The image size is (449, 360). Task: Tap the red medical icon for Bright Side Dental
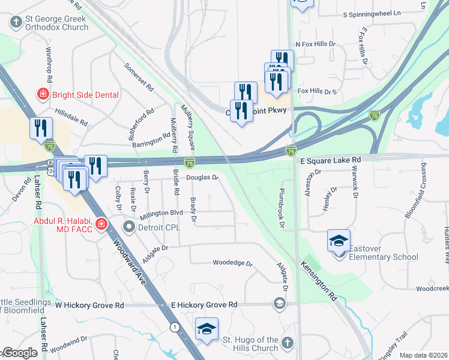click(43, 94)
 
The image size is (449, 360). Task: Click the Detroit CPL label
click(160, 227)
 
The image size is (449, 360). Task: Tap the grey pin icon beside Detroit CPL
click(128, 227)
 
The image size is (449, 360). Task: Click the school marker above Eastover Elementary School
click(339, 241)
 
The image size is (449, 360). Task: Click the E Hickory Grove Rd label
click(205, 305)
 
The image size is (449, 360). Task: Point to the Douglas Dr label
click(201, 178)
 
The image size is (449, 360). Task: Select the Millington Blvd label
click(161, 212)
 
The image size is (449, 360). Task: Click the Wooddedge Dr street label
click(233, 263)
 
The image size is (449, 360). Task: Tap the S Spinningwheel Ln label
click(380, 13)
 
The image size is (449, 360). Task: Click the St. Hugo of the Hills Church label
click(251, 344)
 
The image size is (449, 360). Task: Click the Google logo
click(20, 353)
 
